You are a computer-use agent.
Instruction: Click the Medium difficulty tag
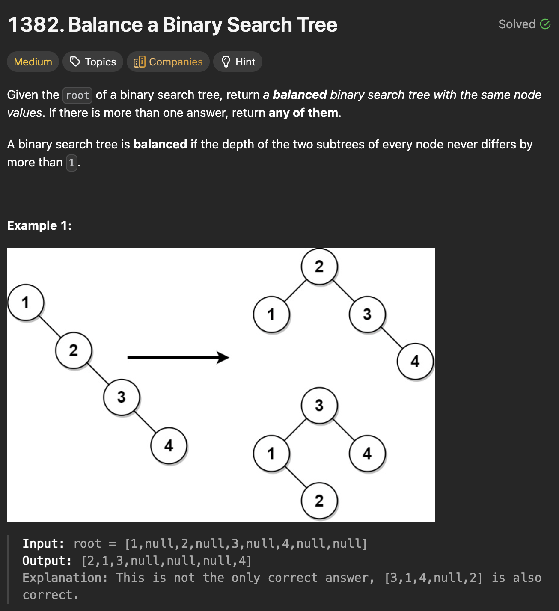(33, 62)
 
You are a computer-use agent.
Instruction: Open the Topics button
(93, 62)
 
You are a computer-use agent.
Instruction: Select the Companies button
(168, 62)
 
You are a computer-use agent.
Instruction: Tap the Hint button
(238, 62)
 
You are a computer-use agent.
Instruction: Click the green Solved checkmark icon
(545, 24)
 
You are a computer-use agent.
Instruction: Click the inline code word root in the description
(77, 95)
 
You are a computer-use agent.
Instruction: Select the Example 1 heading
(39, 225)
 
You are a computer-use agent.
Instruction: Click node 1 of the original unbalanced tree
(26, 302)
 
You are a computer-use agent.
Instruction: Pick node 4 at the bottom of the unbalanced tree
(169, 445)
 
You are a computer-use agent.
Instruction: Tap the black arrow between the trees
(178, 357)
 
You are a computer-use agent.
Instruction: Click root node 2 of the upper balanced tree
(319, 266)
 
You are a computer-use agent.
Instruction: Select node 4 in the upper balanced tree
(415, 361)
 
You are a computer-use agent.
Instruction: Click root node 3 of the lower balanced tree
(319, 405)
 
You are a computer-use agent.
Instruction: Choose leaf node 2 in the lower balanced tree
(319, 501)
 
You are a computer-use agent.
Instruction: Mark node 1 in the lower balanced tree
(271, 453)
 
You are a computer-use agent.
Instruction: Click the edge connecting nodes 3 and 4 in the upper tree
(391, 338)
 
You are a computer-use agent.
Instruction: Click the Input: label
(43, 543)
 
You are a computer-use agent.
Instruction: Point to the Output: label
(47, 561)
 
